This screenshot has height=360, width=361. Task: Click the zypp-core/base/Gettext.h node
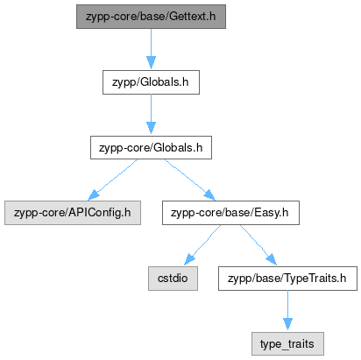tap(151, 17)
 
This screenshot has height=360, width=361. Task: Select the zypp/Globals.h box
tap(151, 82)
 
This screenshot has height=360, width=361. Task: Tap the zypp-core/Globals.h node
tap(151, 147)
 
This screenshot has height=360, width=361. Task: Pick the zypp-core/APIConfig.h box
tap(73, 213)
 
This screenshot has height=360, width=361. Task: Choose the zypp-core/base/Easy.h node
tap(230, 213)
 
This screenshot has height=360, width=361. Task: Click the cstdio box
tap(173, 279)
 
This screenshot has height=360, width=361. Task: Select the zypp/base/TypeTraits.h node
tap(287, 279)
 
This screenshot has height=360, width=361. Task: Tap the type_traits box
tap(287, 343)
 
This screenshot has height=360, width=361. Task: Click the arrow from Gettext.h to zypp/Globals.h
tap(151, 49)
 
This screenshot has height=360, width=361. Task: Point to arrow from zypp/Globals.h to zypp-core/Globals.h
tap(151, 114)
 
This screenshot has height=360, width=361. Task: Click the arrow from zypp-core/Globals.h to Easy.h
tap(190, 180)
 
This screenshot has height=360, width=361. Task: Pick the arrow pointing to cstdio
tap(202, 245)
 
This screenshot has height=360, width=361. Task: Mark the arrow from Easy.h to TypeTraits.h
tap(258, 245)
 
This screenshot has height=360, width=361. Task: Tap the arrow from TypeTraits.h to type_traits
tap(287, 310)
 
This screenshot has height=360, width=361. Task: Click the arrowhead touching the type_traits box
tap(287, 324)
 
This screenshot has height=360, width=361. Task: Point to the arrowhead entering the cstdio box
tap(189, 259)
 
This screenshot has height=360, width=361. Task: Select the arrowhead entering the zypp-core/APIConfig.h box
tap(94, 195)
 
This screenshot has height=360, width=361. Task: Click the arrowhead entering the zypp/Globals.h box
tap(151, 63)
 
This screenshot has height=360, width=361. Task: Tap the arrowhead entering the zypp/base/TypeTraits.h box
tap(272, 259)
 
